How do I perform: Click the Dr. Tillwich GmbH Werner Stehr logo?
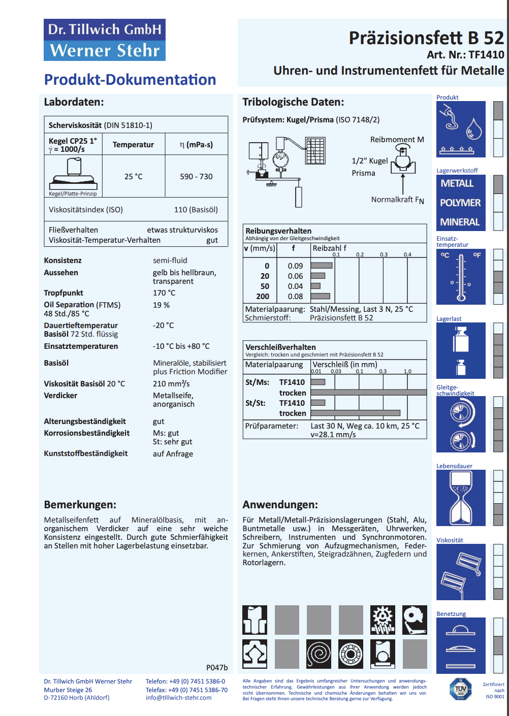click(x=105, y=40)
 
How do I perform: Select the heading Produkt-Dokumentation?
click(x=130, y=80)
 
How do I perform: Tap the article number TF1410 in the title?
click(x=486, y=55)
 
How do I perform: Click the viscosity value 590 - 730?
click(x=196, y=177)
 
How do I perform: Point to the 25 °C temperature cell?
click(x=134, y=177)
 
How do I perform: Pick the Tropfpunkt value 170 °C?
click(x=164, y=293)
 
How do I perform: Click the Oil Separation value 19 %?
click(x=161, y=305)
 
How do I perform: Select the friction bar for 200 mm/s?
click(x=321, y=296)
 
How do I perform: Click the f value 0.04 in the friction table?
click(x=295, y=286)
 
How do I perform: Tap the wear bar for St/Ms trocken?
click(x=369, y=393)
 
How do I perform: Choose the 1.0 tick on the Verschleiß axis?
click(x=407, y=371)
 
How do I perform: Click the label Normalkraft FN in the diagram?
click(x=397, y=200)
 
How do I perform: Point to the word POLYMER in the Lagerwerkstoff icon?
click(x=460, y=203)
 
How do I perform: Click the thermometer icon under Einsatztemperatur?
click(x=461, y=277)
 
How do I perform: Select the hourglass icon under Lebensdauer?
click(x=461, y=498)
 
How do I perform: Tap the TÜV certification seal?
click(x=461, y=689)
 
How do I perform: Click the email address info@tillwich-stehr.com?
click(x=179, y=698)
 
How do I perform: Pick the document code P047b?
click(x=217, y=668)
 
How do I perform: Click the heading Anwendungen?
click(x=280, y=505)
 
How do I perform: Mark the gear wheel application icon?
click(x=383, y=620)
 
